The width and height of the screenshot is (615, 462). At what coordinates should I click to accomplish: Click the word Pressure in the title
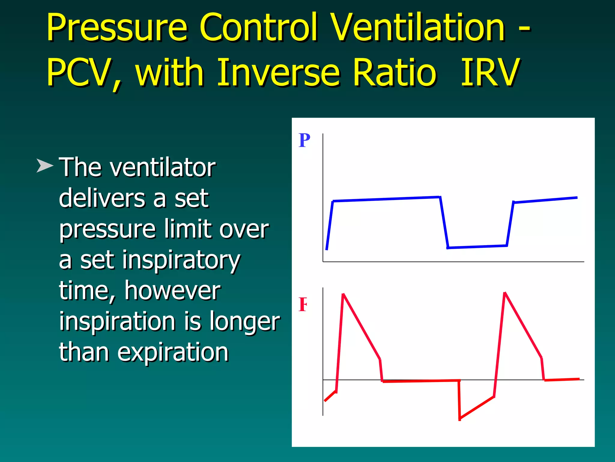[x=117, y=28]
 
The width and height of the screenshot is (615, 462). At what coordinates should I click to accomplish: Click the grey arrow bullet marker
[x=44, y=166]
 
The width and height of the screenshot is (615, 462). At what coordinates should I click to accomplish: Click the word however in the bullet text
[x=172, y=291]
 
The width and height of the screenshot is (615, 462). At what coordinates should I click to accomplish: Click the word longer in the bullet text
[x=244, y=321]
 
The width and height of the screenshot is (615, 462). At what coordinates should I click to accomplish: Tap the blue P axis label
[x=304, y=140]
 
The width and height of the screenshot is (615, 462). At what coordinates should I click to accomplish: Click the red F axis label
[x=303, y=304]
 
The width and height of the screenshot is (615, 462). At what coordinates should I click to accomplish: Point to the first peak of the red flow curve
[x=343, y=295]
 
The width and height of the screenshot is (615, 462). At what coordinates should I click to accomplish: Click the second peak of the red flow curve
[x=505, y=293]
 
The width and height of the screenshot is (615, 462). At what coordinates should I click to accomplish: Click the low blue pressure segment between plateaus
[x=477, y=247]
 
